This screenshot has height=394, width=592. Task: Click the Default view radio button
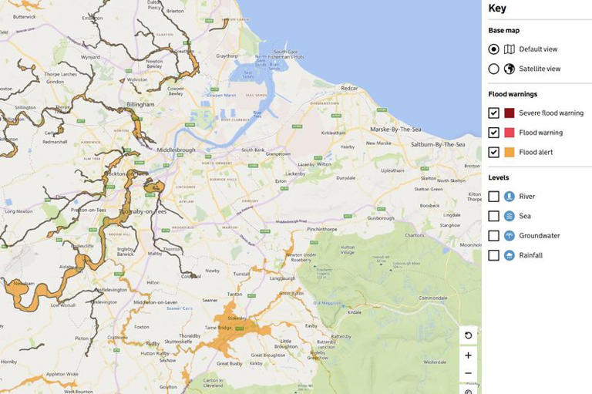[494, 49]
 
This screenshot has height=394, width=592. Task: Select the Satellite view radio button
[494, 69]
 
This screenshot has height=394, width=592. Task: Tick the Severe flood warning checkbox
[494, 113]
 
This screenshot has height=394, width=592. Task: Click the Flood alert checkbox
[494, 153]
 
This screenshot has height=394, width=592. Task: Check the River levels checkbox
[494, 197]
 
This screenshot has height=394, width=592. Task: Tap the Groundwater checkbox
[494, 236]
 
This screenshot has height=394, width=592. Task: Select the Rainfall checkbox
[494, 255]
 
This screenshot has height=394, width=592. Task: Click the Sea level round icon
[510, 217]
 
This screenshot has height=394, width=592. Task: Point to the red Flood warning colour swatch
[510, 133]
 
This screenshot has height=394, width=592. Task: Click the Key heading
[498, 8]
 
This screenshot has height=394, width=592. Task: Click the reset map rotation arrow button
[468, 335]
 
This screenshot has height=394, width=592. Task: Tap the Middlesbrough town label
[178, 150]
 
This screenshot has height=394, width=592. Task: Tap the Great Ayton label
[291, 292]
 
